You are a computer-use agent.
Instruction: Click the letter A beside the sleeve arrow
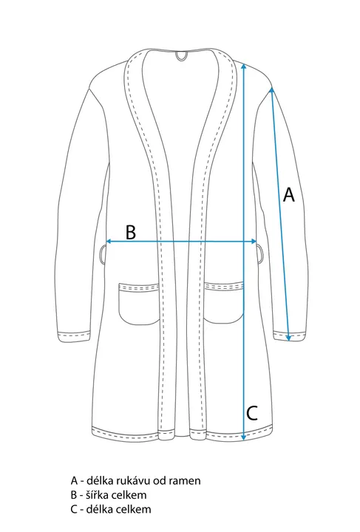(x=289, y=194)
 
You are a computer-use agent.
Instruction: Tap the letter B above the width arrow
(x=131, y=232)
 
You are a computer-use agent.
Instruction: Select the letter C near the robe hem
(x=252, y=413)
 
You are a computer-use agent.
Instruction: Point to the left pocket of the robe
(x=140, y=304)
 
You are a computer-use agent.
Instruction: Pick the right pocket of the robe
(x=223, y=303)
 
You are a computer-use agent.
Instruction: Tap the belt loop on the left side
(x=103, y=253)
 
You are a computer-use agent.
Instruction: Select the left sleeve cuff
(x=75, y=336)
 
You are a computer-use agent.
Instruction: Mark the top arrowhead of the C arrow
(x=243, y=66)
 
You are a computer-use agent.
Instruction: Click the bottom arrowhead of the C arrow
(x=243, y=437)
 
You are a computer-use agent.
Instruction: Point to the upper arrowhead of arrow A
(x=271, y=90)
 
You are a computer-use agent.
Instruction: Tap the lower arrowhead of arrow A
(x=288, y=338)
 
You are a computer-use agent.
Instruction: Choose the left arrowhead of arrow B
(x=109, y=241)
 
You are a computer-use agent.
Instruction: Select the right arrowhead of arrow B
(x=254, y=241)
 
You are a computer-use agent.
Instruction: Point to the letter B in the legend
(x=74, y=495)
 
